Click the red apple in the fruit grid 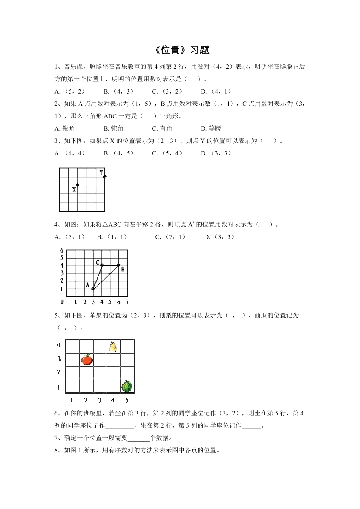(87, 360)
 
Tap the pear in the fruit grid (113, 346)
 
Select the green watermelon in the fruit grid (126, 386)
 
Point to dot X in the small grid (77, 185)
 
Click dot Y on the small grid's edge (104, 176)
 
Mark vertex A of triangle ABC (93, 289)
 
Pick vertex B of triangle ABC (118, 265)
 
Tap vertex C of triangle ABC (102, 265)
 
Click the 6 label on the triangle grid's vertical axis (62, 250)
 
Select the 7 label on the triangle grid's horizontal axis (127, 302)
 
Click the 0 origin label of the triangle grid (62, 302)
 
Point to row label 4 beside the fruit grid (58, 345)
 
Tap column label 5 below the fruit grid (127, 400)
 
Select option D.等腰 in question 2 (211, 128)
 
